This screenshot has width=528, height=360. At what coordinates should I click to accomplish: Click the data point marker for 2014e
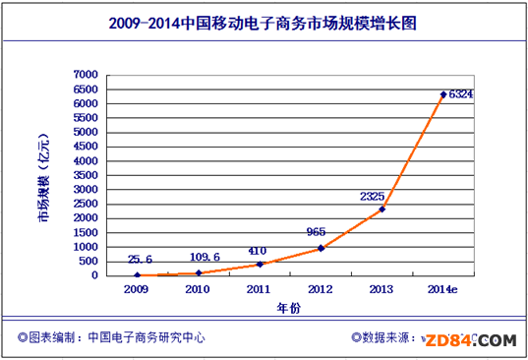coord(443,94)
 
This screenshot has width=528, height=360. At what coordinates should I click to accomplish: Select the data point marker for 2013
coord(381,209)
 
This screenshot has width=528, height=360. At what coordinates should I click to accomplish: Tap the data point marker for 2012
coord(321,248)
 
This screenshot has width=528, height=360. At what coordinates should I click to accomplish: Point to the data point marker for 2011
coord(260,264)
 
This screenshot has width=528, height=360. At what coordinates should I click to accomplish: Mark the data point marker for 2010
coord(199,272)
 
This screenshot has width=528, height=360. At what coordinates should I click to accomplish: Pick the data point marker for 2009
coord(138,275)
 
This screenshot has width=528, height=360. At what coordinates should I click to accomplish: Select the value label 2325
coord(373,196)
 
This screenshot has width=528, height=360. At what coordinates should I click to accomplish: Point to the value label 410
coord(259,250)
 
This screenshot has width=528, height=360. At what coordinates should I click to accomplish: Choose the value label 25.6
coord(139,261)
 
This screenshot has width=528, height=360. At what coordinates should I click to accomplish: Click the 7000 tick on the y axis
coord(86,75)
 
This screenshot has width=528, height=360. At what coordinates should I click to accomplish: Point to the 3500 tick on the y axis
coord(86,175)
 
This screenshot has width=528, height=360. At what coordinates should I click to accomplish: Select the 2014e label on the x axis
coord(444,289)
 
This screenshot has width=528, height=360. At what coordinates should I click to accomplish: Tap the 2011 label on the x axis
coord(260,289)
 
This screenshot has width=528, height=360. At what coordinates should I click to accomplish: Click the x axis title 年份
coord(289,307)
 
